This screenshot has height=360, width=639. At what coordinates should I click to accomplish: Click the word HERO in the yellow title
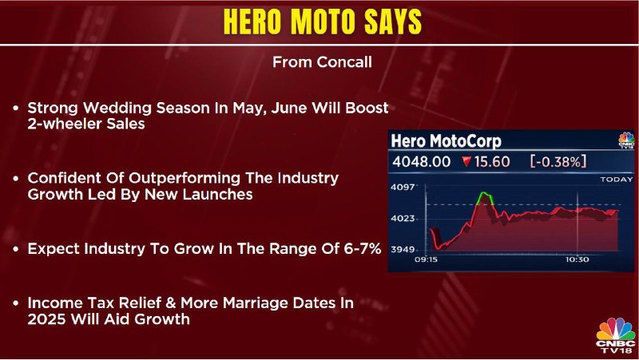point(252,22)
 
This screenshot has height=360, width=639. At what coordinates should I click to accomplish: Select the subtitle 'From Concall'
point(322,62)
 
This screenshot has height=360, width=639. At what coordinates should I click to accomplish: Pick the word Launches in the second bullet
point(217,194)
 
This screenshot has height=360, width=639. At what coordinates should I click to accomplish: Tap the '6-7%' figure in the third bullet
point(363,248)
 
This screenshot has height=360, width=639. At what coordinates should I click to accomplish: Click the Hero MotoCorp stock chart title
point(446,141)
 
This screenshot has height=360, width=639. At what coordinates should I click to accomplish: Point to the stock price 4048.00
point(422,162)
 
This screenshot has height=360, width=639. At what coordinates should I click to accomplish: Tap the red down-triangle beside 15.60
point(467,162)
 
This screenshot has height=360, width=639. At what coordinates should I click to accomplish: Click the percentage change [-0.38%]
point(558,162)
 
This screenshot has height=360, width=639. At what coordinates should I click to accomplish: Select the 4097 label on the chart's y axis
point(403,188)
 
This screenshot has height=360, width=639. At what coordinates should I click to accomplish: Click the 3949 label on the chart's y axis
point(403,249)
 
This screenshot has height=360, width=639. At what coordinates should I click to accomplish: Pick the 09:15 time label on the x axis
point(426,259)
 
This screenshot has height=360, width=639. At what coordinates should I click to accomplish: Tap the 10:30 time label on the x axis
point(577,259)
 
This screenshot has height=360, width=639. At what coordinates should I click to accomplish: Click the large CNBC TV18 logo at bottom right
point(615,335)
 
